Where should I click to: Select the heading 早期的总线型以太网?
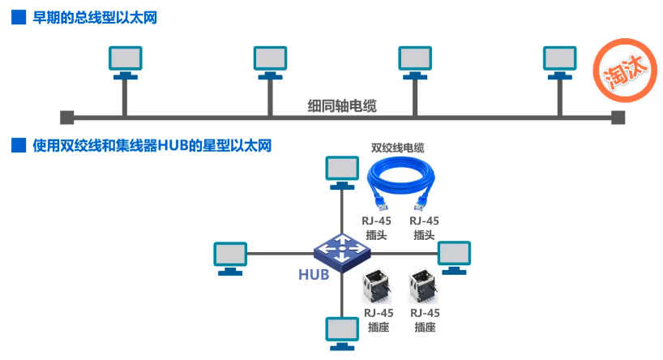click(x=93, y=18)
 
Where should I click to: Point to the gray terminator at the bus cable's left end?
click(x=66, y=117)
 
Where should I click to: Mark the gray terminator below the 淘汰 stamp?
click(x=618, y=117)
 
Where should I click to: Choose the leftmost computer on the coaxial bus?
click(x=124, y=61)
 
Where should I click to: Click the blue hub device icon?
click(x=340, y=247)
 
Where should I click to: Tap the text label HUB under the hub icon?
click(x=314, y=275)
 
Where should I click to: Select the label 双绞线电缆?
click(x=397, y=148)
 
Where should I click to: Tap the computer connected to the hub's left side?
click(x=229, y=255)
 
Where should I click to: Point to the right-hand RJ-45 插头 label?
click(x=425, y=228)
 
